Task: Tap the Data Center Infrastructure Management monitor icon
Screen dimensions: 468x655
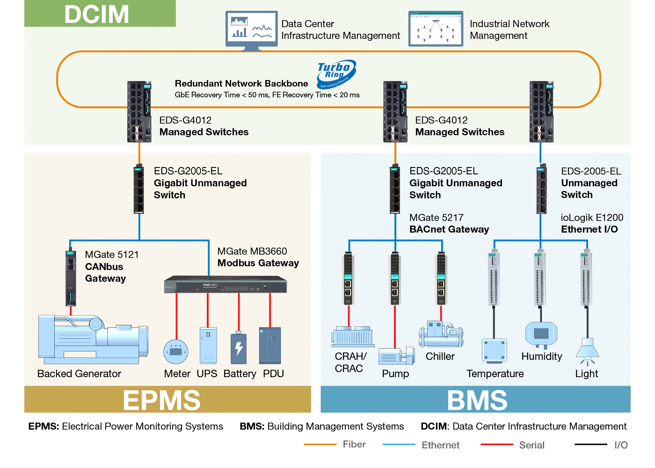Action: click(x=251, y=29)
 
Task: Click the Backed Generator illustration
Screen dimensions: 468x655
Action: click(x=93, y=339)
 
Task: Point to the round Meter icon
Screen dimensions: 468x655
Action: click(x=176, y=351)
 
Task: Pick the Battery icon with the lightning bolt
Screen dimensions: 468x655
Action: click(x=239, y=348)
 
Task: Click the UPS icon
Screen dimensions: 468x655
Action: click(x=208, y=345)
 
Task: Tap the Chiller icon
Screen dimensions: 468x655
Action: click(x=441, y=334)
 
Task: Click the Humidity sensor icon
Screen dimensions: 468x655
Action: click(x=541, y=334)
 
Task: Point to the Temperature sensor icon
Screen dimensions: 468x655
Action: click(x=494, y=350)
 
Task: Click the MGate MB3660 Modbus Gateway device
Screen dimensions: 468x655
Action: click(x=225, y=284)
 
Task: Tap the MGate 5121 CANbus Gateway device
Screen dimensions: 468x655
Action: click(x=71, y=278)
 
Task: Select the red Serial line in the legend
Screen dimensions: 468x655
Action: click(x=497, y=444)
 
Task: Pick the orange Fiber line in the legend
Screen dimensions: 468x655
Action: click(x=320, y=444)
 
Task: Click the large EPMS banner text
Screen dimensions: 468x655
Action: click(x=162, y=400)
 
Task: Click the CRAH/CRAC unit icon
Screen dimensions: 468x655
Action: click(x=353, y=336)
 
